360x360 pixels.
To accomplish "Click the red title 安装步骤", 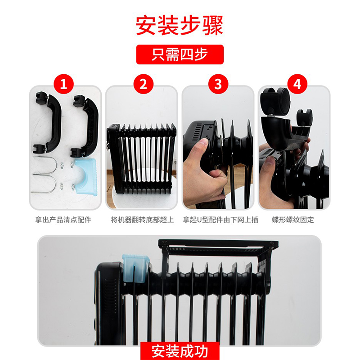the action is point(179,25).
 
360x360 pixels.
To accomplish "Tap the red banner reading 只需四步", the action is point(180,54).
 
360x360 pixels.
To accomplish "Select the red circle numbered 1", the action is point(63,84).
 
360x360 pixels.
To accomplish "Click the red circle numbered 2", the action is point(143,84).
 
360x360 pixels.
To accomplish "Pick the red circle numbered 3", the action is point(218,84).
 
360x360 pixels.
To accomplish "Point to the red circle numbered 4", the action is point(297,84).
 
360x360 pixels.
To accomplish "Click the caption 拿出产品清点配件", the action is point(63,220).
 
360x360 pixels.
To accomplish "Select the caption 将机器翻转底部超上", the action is point(142,220).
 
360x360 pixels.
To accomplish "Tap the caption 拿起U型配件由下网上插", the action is point(220,220).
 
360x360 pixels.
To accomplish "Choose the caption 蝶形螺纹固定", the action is point(293,220).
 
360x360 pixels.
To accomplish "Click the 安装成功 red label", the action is point(180,351).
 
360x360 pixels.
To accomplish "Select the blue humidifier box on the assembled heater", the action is point(136,268).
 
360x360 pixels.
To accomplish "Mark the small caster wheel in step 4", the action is point(305,117).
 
